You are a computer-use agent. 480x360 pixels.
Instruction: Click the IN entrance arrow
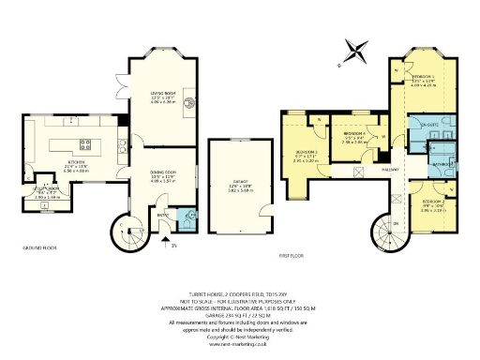[x=172, y=245]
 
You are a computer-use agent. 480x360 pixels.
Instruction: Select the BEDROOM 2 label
[x=432, y=202]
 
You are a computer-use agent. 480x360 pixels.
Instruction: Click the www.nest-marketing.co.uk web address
[x=239, y=345]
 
